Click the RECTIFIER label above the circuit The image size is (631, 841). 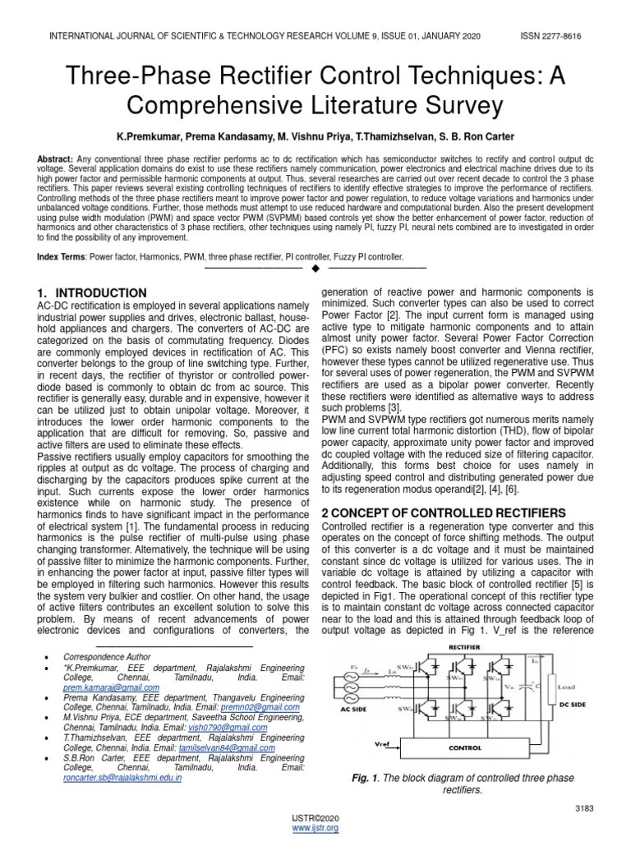[464, 647]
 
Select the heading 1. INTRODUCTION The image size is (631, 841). [93, 292]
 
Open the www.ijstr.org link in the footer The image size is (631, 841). [315, 828]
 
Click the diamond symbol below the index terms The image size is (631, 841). [315, 269]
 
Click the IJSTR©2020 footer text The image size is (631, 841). [315, 819]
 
